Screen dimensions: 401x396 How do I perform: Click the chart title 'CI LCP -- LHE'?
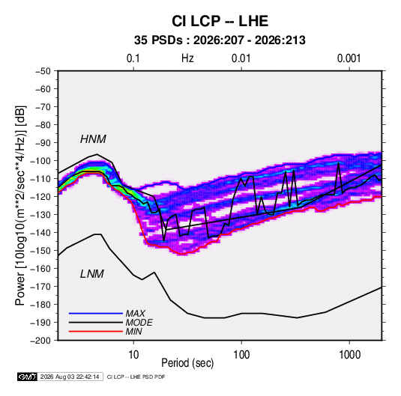pos(220,21)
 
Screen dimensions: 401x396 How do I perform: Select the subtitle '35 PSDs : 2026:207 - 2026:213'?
pos(220,40)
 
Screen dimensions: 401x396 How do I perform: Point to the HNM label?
pos(93,139)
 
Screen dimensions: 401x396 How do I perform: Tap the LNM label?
pos(92,274)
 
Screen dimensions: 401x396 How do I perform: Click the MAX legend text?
pos(136,313)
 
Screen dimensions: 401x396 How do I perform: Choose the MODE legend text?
pos(139,323)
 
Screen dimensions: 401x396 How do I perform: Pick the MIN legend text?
pos(133,332)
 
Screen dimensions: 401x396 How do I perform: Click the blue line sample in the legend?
pos(96,313)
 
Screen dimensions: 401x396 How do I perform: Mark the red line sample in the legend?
pos(96,332)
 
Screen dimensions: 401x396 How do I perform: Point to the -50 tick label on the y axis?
pos(43,71)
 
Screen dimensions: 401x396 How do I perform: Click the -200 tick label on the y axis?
pos(40,341)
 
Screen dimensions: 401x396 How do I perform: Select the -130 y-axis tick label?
pos(40,215)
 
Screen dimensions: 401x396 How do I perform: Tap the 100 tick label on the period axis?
pos(241,355)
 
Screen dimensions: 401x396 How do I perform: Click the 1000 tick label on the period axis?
pos(349,355)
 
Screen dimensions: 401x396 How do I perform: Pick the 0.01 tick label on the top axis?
pos(241,58)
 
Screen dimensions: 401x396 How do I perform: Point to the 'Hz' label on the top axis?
pos(187,58)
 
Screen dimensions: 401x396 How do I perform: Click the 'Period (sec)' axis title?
pos(187,363)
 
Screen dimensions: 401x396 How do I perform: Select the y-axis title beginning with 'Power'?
pos(20,206)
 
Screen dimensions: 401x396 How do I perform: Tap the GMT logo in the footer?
pos(27,377)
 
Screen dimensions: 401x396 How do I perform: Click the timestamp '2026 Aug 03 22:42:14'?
pos(70,377)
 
